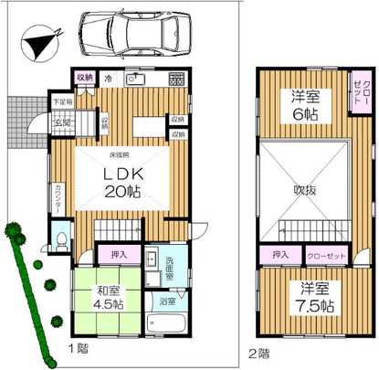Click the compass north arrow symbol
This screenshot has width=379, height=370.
[x=38, y=41]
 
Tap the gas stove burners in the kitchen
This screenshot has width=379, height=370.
[x=175, y=77]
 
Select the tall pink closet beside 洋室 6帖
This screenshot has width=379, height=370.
[x=362, y=92]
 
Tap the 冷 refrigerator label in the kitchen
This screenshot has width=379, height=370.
[x=107, y=79]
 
